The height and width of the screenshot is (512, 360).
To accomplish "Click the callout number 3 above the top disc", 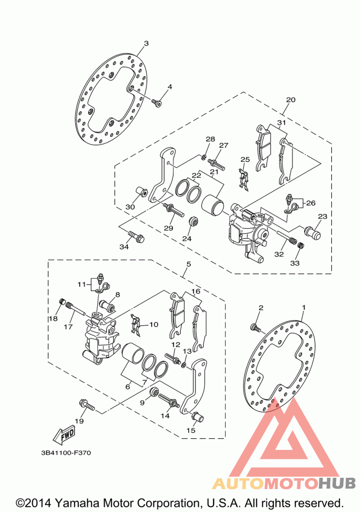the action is coord(146,44).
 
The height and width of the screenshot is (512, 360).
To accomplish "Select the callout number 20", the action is coord(291,100).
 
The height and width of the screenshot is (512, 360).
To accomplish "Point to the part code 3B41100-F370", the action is coord(65,453).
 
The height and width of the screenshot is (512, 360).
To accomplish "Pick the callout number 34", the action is coord(124,247).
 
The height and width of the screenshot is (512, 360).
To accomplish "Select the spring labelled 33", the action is coord(301,246).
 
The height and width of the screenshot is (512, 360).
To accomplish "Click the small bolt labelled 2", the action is coord(255,328).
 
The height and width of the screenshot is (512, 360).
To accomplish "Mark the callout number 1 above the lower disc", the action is coord(304,307).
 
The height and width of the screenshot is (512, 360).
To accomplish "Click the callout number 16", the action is coord(195,292).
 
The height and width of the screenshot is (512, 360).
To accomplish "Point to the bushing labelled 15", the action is coord(197,417).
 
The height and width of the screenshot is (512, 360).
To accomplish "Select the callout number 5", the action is coord(189,264).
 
